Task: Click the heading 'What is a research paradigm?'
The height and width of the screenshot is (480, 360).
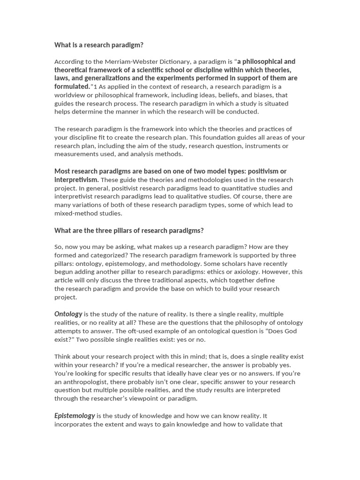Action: point(99,45)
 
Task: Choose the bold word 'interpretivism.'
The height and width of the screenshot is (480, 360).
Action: point(76,180)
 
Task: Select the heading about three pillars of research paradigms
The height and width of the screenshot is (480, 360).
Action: point(129,230)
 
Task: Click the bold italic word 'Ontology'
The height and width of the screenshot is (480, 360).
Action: point(68,314)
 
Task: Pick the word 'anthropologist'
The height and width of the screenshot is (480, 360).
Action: point(85,382)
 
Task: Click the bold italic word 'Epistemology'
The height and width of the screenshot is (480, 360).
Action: point(75,415)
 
